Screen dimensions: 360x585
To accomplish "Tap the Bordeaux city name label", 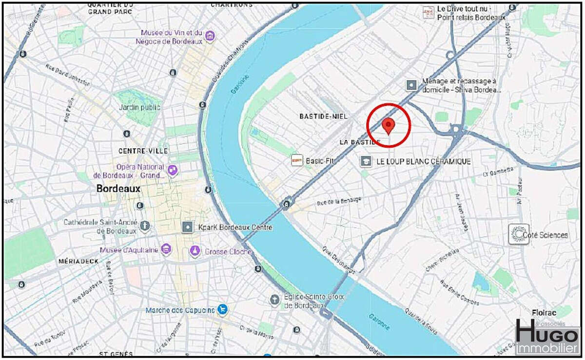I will (118, 189).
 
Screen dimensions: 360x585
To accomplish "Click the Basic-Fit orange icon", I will (297, 160).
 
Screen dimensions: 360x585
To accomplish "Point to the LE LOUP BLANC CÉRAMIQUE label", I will (423, 161).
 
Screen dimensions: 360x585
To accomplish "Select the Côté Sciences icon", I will (518, 235).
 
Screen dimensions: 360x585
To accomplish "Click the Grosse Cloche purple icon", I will (195, 251).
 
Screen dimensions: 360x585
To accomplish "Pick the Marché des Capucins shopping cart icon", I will (222, 310).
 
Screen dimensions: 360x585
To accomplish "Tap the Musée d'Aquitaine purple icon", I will (166, 250).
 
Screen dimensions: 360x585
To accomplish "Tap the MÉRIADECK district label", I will (78, 261).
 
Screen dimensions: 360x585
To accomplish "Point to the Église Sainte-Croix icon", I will (275, 299).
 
